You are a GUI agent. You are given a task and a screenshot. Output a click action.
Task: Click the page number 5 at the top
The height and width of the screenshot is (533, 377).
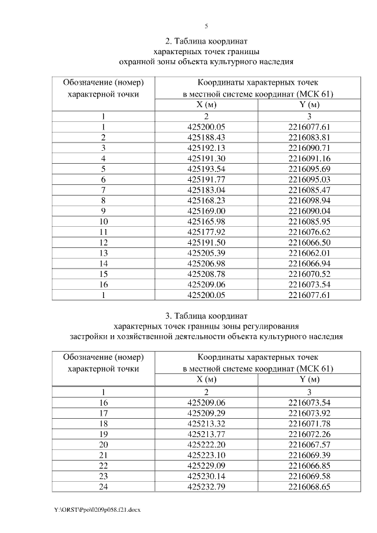(x=206, y=25)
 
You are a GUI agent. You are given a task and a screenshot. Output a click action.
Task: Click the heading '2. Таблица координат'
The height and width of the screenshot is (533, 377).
(x=206, y=41)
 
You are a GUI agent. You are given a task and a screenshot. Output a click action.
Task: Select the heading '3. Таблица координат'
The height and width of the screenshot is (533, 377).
(x=206, y=316)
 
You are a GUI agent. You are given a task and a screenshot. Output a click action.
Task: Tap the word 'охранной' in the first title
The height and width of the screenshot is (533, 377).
(x=137, y=61)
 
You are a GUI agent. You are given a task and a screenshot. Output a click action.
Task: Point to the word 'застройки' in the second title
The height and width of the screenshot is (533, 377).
(x=89, y=336)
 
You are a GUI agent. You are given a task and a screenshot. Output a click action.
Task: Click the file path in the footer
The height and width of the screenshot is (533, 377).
(x=97, y=509)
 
